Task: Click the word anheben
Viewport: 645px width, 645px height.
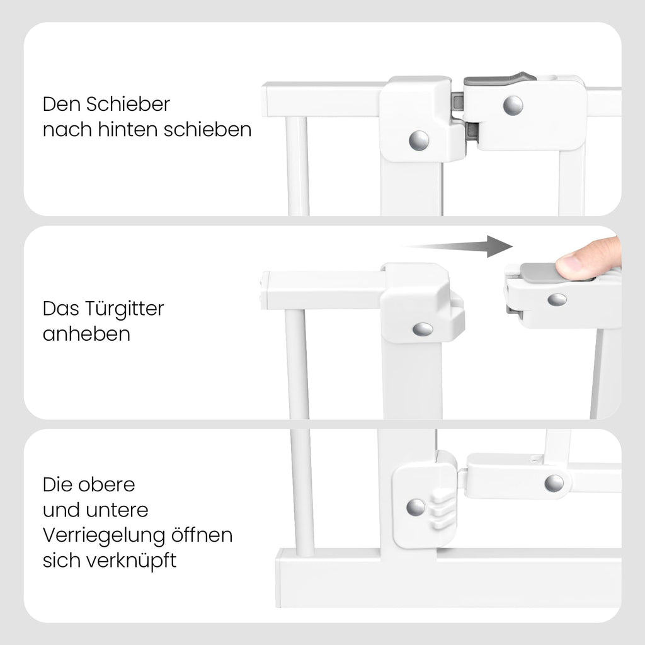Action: click(x=86, y=334)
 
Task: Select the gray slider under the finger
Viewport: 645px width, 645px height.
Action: click(x=539, y=271)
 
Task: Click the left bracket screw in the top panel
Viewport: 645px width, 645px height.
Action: click(x=418, y=140)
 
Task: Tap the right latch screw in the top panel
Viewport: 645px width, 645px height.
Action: click(x=513, y=105)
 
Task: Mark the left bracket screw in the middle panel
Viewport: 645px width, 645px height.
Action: click(x=423, y=329)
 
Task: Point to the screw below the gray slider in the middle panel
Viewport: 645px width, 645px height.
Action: click(x=556, y=300)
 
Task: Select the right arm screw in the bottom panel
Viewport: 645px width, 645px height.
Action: click(x=554, y=483)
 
